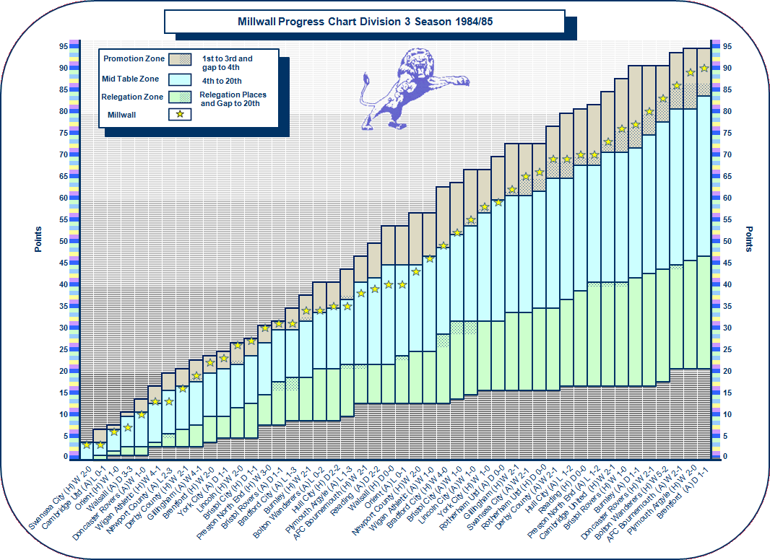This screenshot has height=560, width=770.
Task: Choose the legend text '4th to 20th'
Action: click(222, 81)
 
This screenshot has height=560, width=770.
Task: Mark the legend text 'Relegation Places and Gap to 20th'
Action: click(233, 99)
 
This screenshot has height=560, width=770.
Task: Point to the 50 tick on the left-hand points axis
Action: click(64, 241)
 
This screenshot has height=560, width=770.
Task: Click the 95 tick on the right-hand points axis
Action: click(726, 46)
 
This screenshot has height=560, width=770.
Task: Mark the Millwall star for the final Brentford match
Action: click(704, 68)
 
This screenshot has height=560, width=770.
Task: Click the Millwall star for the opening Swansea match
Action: click(87, 445)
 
